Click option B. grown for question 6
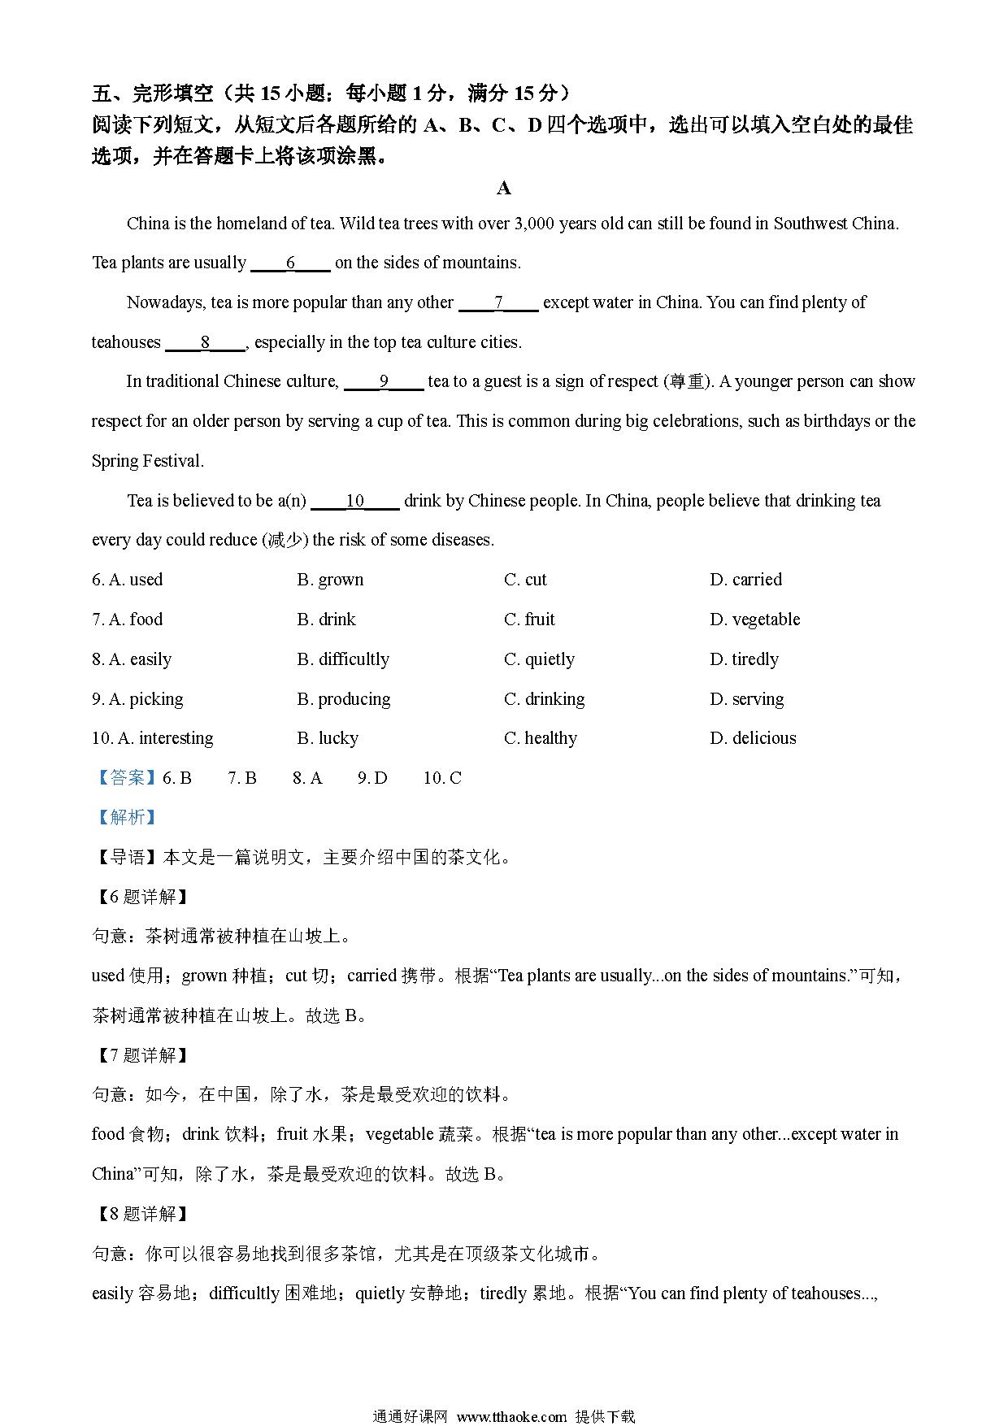point(330,580)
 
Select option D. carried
point(745,580)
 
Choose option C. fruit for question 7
point(529,620)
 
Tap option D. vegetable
point(754,620)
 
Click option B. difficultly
point(343,659)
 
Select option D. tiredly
point(744,659)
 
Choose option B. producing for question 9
point(343,699)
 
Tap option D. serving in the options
point(746,699)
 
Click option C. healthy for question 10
point(541,738)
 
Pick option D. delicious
point(753,738)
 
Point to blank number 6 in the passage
point(290,263)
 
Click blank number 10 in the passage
point(355,501)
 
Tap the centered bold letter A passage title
point(504,189)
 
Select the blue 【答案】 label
point(124,778)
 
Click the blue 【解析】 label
point(124,817)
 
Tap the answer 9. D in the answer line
point(372,778)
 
